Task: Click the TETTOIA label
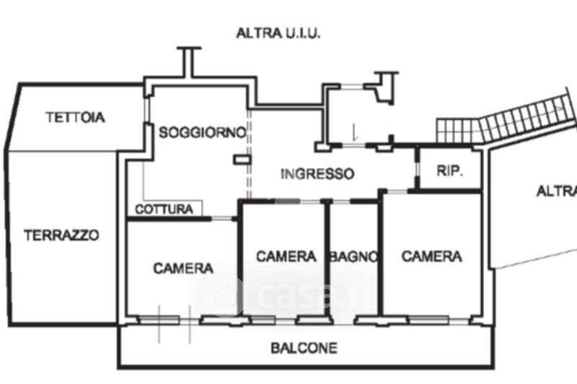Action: click(x=75, y=117)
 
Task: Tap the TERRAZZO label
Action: click(x=61, y=235)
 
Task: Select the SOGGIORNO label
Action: click(x=203, y=132)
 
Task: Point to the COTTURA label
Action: click(x=164, y=209)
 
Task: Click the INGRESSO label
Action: click(x=317, y=174)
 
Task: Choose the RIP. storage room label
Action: click(x=449, y=172)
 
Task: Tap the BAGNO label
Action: click(x=354, y=256)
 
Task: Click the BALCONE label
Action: click(x=304, y=349)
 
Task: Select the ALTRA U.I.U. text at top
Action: click(x=278, y=32)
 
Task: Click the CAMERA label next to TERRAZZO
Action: click(x=183, y=269)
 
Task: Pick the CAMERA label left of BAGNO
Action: click(x=286, y=256)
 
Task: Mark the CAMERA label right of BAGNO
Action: click(x=432, y=256)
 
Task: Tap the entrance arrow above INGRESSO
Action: click(x=354, y=133)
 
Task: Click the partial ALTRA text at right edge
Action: click(x=557, y=191)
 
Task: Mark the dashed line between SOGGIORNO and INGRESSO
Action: click(x=249, y=155)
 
